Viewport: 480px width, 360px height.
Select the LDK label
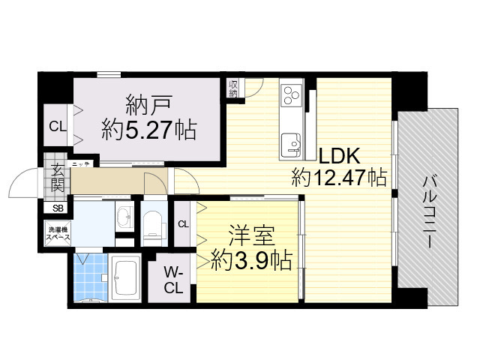pyautogui.click(x=340, y=157)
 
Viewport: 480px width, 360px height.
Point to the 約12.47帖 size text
pyautogui.click(x=339, y=178)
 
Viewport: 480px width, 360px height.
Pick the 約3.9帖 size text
pyautogui.click(x=251, y=259)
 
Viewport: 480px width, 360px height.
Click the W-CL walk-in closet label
pyautogui.click(x=173, y=279)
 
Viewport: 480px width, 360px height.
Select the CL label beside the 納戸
pyautogui.click(x=57, y=126)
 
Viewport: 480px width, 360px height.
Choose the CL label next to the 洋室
pyautogui.click(x=184, y=223)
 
